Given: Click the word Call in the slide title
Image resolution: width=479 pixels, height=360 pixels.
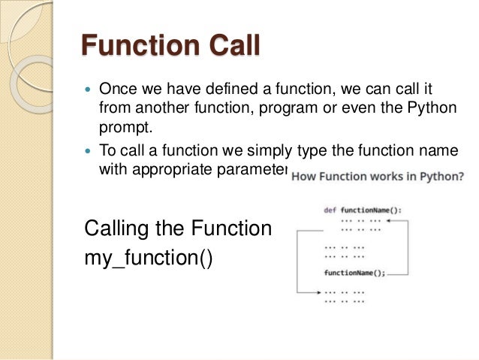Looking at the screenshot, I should pos(227,46).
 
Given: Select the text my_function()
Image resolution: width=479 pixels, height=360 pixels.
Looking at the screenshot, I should pos(149,259).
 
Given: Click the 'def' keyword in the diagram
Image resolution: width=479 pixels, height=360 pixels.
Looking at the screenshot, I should pos(330,210).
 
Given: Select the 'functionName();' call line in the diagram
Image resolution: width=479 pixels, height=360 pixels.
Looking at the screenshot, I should pos(354,273).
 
